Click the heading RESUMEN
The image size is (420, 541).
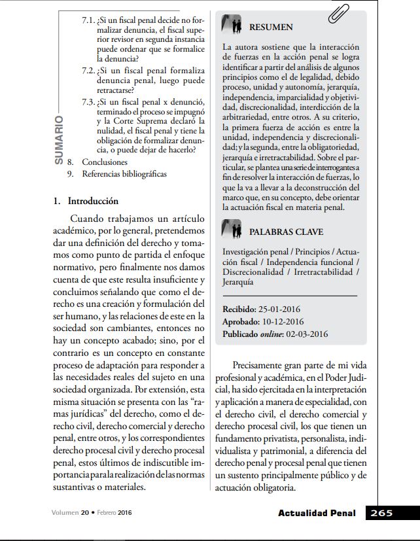pyautogui.click(x=271, y=27)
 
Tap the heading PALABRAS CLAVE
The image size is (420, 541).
pyautogui.click(x=286, y=232)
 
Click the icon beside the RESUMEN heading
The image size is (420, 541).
pyautogui.click(x=232, y=25)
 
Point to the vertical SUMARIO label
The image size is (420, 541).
pyautogui.click(x=59, y=139)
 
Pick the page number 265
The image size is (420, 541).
pyautogui.click(x=381, y=513)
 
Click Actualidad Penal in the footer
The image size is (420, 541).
pyautogui.click(x=317, y=514)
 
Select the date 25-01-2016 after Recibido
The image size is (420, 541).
pyautogui.click(x=281, y=309)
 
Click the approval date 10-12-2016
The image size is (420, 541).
pyautogui.click(x=283, y=321)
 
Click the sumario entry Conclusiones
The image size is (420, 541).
pyautogui.click(x=105, y=162)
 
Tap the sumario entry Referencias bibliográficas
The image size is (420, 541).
pyautogui.click(x=124, y=174)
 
